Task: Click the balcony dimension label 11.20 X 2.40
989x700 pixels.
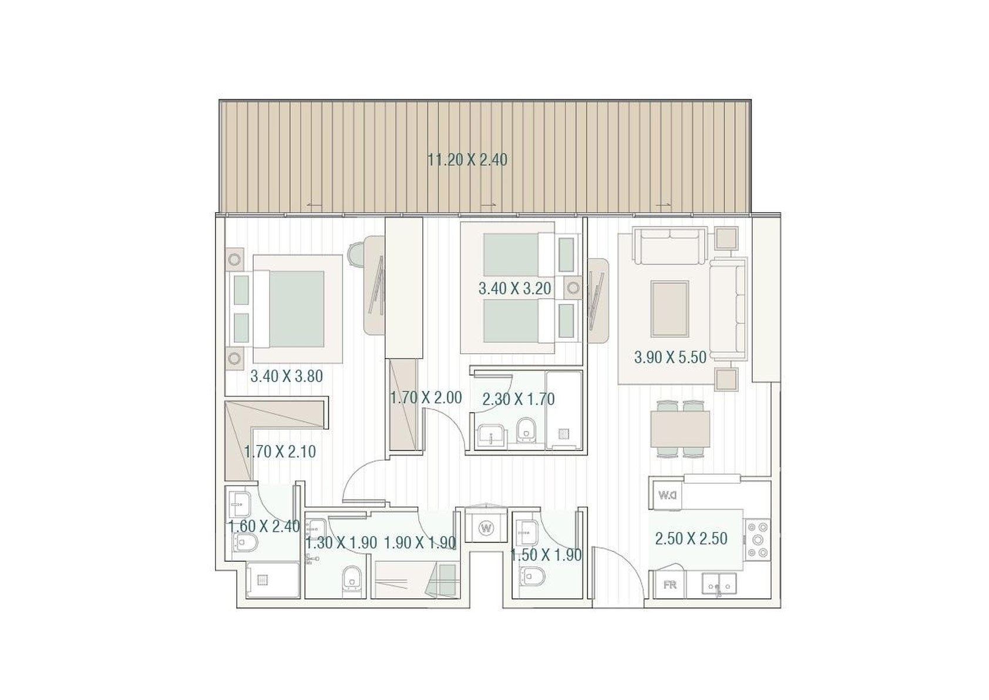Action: point(467,159)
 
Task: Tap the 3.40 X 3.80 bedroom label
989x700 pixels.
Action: point(287,377)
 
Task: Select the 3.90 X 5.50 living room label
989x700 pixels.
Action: point(670,357)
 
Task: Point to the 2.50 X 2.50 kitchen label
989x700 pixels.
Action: point(691,539)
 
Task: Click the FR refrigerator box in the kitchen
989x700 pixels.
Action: point(670,585)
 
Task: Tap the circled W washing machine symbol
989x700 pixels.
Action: point(486,527)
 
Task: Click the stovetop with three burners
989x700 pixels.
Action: point(758,540)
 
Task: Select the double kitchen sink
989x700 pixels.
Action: point(719,585)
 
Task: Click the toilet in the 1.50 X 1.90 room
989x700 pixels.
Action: point(532,577)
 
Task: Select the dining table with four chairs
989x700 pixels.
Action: point(680,428)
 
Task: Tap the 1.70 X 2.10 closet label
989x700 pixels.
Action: point(280,451)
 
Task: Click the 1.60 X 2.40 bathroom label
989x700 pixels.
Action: point(264,527)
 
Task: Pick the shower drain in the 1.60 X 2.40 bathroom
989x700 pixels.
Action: point(263,580)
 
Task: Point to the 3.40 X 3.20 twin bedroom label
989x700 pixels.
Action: point(515,289)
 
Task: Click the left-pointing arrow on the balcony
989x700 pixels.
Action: point(314,205)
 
